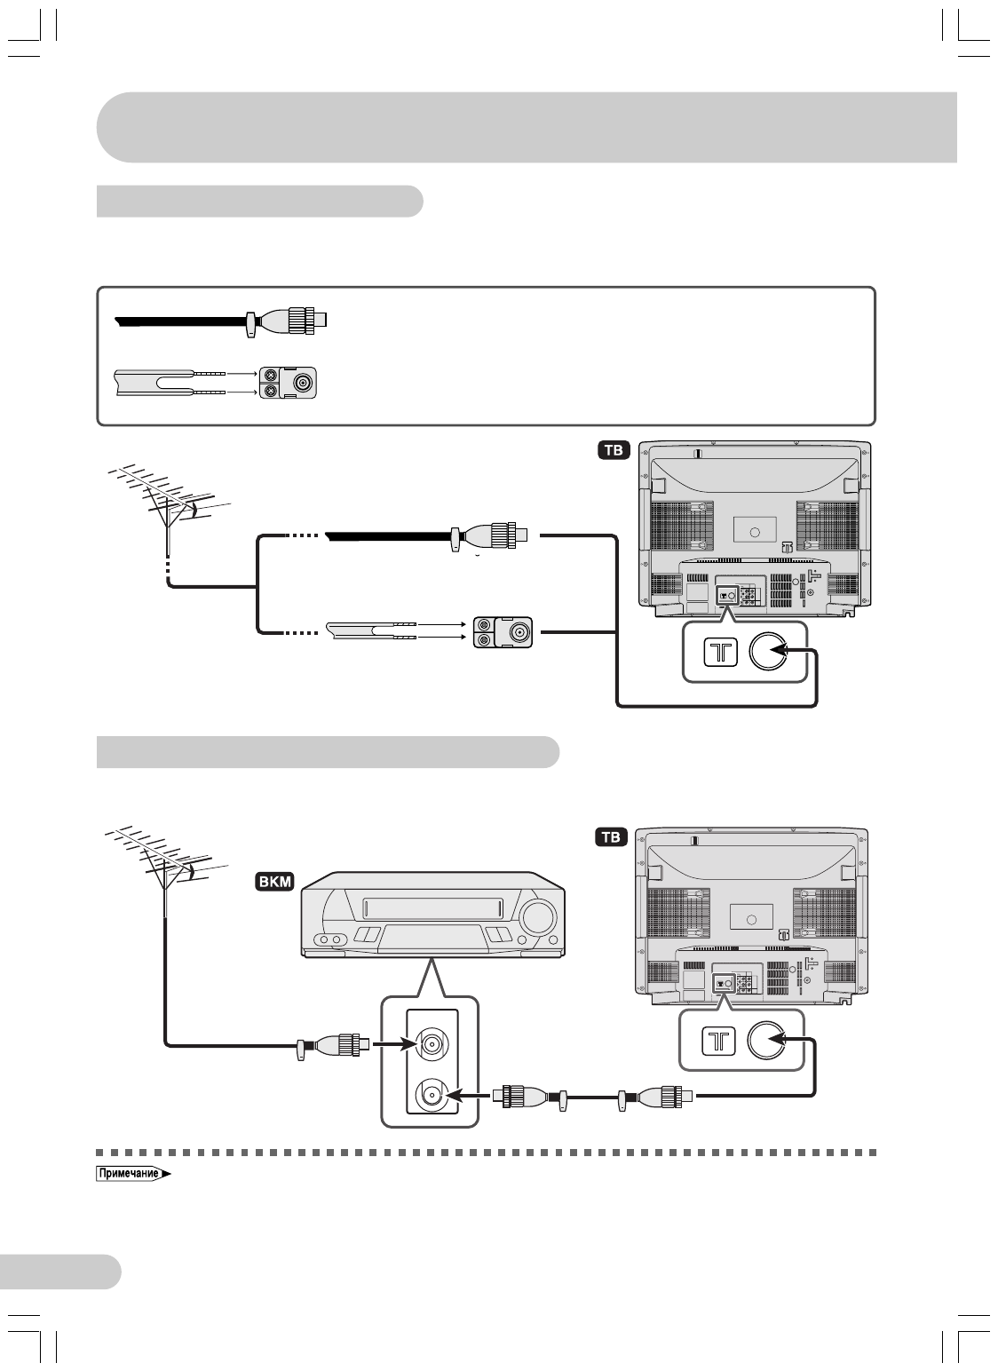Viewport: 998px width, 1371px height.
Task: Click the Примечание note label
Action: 130,1174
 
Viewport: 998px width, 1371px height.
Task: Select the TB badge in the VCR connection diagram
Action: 612,836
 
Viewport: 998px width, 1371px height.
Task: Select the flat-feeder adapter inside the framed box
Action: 289,383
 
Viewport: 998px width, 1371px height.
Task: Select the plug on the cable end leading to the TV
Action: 667,1097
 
